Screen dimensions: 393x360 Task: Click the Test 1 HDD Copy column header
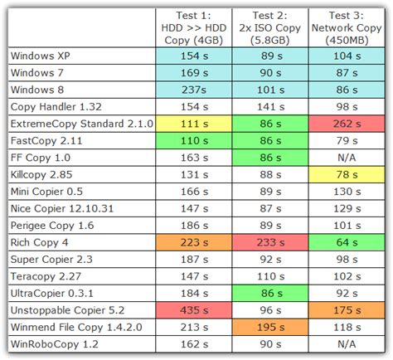[x=194, y=27]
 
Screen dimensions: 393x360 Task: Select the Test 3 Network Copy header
[x=347, y=27]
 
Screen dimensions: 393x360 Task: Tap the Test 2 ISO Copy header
[x=270, y=27]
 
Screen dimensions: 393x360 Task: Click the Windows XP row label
[x=41, y=56]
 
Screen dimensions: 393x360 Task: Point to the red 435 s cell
[x=194, y=310]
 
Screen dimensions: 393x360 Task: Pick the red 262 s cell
[x=347, y=124]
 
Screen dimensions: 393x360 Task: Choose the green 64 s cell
[x=347, y=242]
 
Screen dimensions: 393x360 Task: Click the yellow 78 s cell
[x=347, y=174]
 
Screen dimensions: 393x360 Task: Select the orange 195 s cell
[x=270, y=328]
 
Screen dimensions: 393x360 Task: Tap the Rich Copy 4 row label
[x=39, y=242]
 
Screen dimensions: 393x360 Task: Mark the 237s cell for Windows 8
[x=194, y=90]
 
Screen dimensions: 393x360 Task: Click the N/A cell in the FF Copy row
[x=347, y=158]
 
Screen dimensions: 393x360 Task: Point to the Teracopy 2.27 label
[x=46, y=276]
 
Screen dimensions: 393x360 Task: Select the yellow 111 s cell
[x=194, y=124]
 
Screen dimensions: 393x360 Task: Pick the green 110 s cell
[x=194, y=140]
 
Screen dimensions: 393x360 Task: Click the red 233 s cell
[x=270, y=242]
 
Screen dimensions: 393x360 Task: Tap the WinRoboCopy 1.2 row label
[x=55, y=344]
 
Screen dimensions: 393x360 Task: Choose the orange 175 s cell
[x=347, y=310]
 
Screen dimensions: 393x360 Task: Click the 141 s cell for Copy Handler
[x=270, y=107]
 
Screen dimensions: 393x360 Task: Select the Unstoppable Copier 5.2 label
[x=67, y=310]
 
